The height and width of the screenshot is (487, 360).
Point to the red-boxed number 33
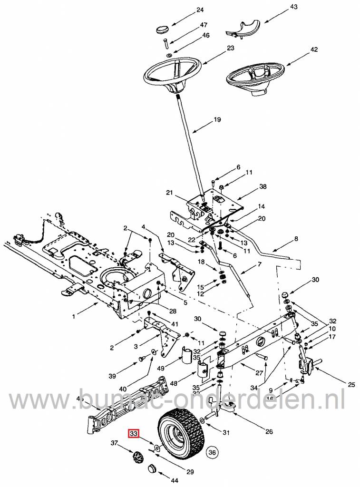134,433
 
